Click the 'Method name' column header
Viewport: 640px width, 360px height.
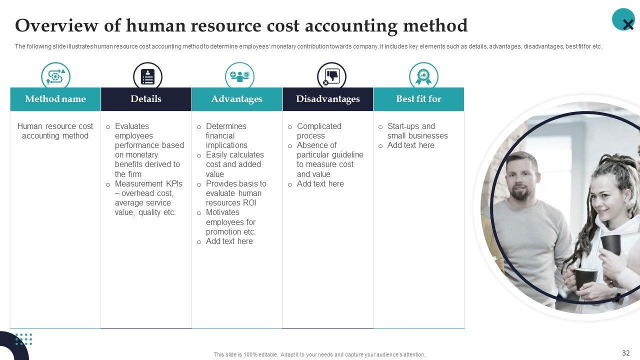point(55,99)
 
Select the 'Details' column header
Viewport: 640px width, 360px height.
point(146,99)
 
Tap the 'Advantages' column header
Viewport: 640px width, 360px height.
point(237,99)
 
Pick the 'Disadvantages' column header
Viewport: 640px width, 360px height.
point(327,99)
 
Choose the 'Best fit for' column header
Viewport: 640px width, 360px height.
point(418,99)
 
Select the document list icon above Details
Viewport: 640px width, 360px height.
point(147,76)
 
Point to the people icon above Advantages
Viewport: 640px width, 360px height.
point(239,76)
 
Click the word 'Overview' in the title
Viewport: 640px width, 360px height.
point(57,25)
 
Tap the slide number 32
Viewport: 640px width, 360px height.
point(625,353)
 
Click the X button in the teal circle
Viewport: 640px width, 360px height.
point(627,24)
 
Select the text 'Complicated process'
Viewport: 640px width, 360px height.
point(319,131)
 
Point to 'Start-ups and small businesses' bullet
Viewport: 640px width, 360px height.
point(417,131)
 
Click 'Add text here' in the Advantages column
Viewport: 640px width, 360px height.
point(229,241)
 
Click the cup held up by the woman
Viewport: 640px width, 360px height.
point(610,244)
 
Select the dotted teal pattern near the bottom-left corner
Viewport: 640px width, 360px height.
point(23,339)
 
